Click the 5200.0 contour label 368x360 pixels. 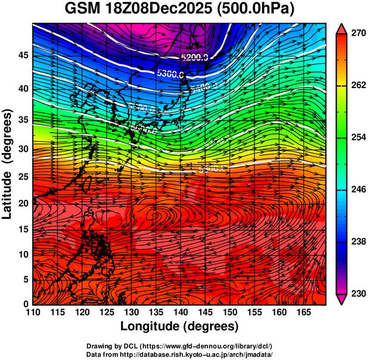tap(195, 58)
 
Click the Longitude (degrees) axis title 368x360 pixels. tap(180, 326)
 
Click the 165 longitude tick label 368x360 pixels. tap(302, 312)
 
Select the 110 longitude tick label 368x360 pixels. tap(33, 312)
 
